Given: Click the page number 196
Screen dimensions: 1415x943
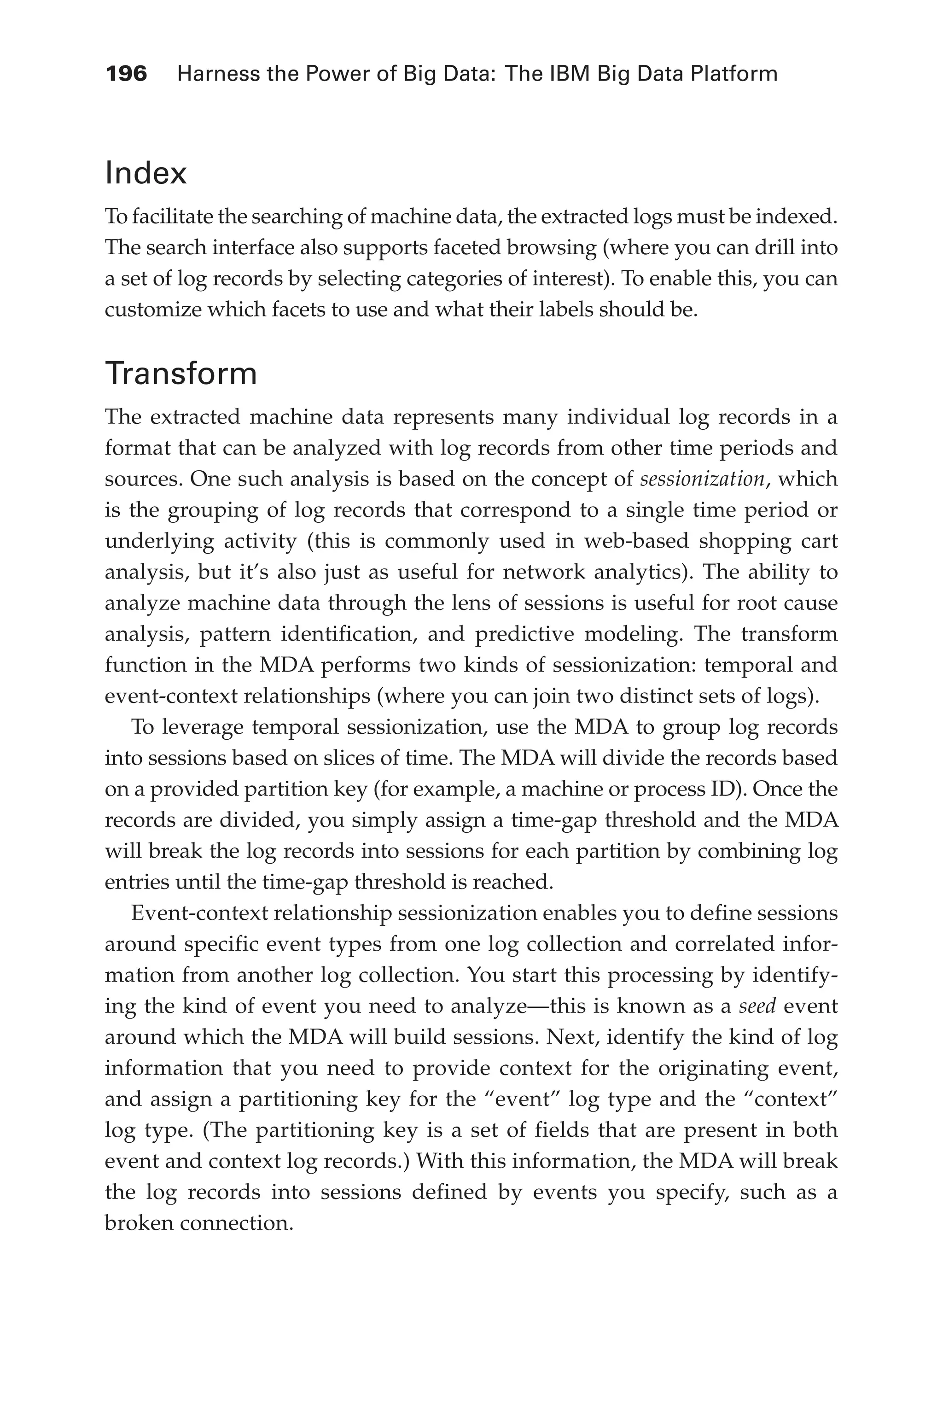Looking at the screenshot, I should pyautogui.click(x=126, y=74).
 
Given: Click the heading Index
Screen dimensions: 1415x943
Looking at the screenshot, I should pyautogui.click(x=146, y=173).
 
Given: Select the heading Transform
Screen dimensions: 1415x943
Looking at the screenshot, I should pyautogui.click(x=181, y=373).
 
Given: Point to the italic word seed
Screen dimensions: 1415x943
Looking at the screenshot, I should pyautogui.click(x=757, y=1006).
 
